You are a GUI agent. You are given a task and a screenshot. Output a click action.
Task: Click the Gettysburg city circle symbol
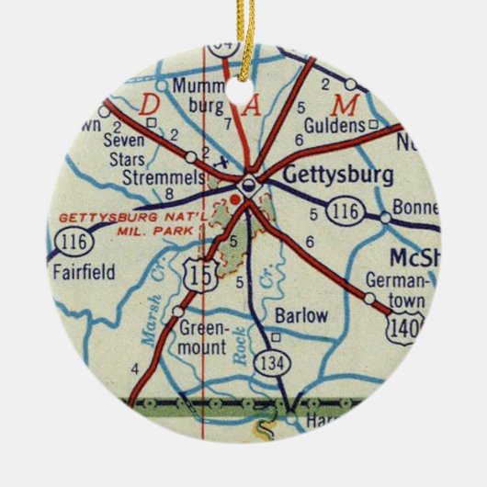click(x=245, y=187)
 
